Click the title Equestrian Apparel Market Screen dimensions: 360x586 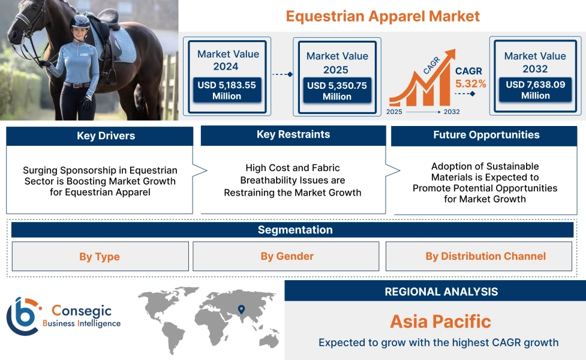pyautogui.click(x=383, y=16)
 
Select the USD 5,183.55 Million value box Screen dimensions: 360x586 pyautogui.click(x=227, y=91)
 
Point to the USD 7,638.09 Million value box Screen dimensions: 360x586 pyautogui.click(x=535, y=90)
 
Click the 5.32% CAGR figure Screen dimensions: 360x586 pyautogui.click(x=470, y=83)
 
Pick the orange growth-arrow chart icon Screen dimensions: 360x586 pyautogui.click(x=420, y=84)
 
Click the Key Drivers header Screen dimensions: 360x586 pyautogui.click(x=100, y=136)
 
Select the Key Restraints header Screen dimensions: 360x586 pyautogui.click(x=293, y=135)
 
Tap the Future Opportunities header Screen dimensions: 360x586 pyautogui.click(x=486, y=135)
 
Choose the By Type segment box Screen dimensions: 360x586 pyautogui.click(x=100, y=257)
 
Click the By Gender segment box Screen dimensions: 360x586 pyautogui.click(x=287, y=257)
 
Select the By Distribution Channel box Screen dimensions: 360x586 pyautogui.click(x=485, y=257)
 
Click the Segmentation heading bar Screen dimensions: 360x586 pyautogui.click(x=294, y=230)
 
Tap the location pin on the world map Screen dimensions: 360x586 pyautogui.click(x=241, y=310)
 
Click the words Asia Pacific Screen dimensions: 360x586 pyautogui.click(x=440, y=321)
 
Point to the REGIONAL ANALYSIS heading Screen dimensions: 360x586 pyautogui.click(x=441, y=292)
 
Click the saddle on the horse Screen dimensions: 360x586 pyautogui.click(x=109, y=24)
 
